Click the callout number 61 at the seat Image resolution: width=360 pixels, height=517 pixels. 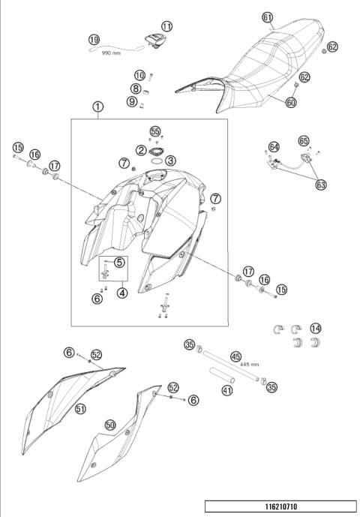tap(268, 17)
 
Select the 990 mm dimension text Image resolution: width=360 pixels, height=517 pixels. tap(111, 53)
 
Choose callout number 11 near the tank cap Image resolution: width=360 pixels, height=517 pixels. tap(166, 26)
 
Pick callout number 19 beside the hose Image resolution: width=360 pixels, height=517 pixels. tap(94, 39)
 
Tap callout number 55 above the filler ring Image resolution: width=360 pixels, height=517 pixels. tap(155, 131)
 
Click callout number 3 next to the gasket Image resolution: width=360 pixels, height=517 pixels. tap(171, 160)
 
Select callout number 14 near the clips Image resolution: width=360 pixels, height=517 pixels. tap(316, 328)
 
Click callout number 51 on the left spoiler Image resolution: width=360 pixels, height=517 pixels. tap(79, 408)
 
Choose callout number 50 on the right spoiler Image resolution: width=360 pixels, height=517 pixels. tap(110, 425)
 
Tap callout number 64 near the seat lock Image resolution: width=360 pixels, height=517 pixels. tap(274, 147)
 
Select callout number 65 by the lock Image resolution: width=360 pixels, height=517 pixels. tap(304, 140)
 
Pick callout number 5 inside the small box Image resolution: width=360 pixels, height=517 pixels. tap(120, 263)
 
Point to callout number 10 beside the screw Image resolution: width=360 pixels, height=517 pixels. tap(139, 75)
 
